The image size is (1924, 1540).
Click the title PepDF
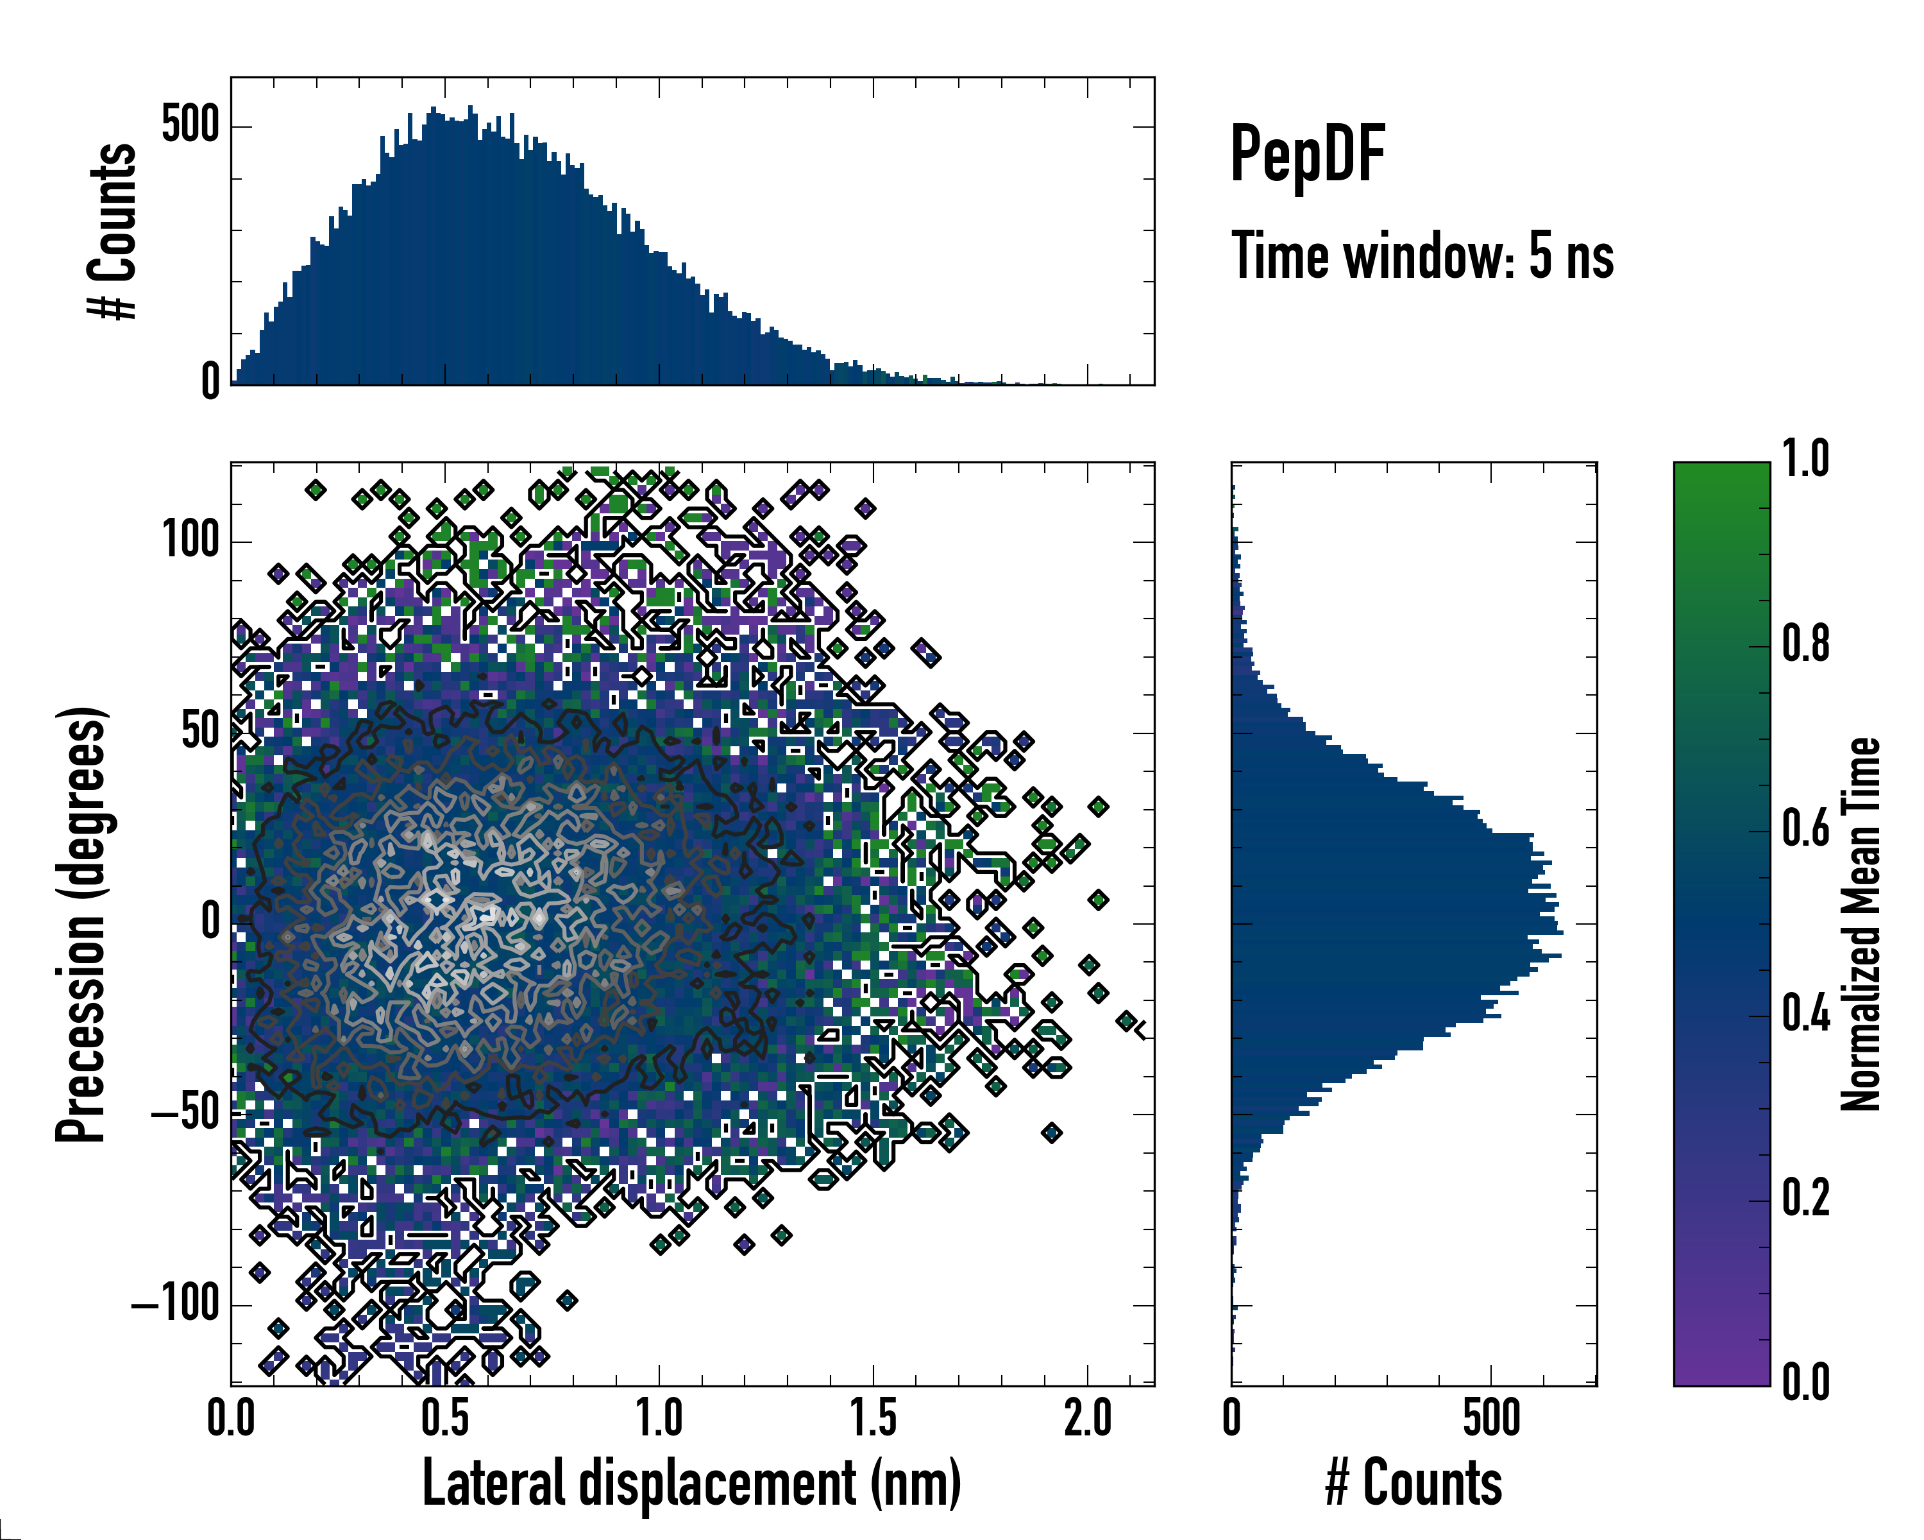pos(1307,155)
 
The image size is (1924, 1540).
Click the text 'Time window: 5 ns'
pos(1422,256)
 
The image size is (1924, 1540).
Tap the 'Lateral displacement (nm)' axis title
pos(691,1483)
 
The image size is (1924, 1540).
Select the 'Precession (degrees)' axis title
pos(82,924)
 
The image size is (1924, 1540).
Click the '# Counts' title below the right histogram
pos(1413,1483)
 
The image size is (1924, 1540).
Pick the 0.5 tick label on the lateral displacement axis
pos(445,1419)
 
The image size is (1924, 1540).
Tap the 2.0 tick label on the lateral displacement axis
pos(1088,1419)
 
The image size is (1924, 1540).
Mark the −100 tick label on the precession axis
pos(175,1305)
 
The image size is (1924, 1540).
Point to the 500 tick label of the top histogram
pos(190,125)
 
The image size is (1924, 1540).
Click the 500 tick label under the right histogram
pos(1491,1419)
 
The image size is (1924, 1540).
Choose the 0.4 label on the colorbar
pos(1805,1015)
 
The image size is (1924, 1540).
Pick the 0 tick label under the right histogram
pos(1233,1419)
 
